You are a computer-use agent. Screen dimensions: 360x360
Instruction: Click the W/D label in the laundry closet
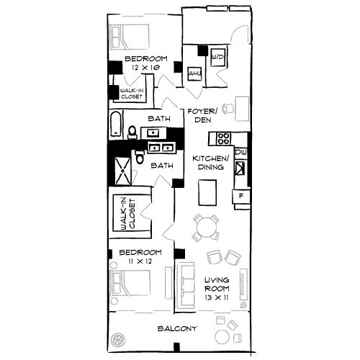(x=217, y=56)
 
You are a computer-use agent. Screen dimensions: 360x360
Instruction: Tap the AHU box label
(x=193, y=73)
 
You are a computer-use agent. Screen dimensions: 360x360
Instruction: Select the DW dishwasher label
(x=240, y=153)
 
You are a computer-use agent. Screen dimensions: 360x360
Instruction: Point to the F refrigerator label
(x=240, y=195)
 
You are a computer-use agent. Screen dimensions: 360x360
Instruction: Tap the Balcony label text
(x=177, y=329)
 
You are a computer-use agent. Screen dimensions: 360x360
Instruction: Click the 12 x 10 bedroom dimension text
(x=145, y=68)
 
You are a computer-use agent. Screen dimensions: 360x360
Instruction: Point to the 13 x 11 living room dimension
(x=216, y=289)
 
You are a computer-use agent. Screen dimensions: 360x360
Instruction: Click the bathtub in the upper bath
(x=117, y=125)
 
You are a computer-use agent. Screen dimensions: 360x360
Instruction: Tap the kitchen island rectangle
(x=209, y=192)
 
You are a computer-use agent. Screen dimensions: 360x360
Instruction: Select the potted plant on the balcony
(x=120, y=338)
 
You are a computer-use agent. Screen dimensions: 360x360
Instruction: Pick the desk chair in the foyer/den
(x=228, y=109)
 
